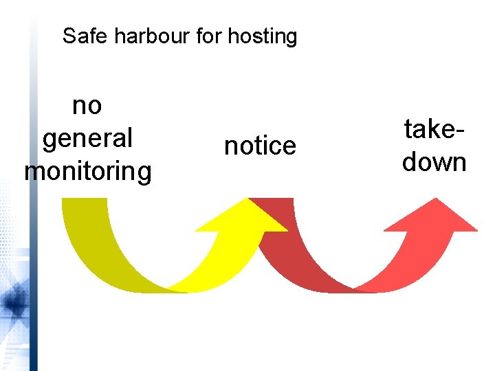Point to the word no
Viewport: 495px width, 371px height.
tap(87, 106)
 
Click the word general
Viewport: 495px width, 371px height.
tap(87, 138)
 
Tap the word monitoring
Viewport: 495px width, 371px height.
tap(87, 170)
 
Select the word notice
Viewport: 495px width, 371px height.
tap(260, 146)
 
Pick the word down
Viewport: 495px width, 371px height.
tap(434, 162)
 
